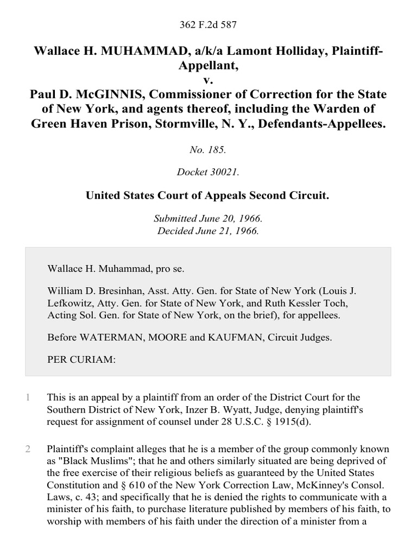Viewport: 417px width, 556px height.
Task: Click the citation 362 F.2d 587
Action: pyautogui.click(x=208, y=24)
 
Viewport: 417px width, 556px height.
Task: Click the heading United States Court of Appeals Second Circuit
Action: pyautogui.click(x=208, y=195)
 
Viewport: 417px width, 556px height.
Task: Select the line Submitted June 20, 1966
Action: pyautogui.click(x=208, y=219)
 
